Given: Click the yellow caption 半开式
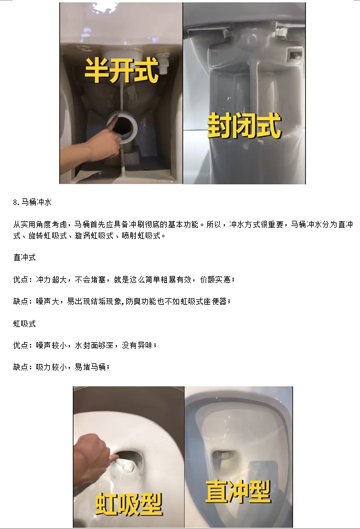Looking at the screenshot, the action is (x=122, y=70).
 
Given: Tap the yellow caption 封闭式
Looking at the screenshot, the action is (x=244, y=125).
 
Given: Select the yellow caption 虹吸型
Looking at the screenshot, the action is (x=129, y=504).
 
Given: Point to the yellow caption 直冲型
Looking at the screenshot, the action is (x=238, y=491).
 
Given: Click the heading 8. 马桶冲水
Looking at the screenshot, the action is (x=32, y=202).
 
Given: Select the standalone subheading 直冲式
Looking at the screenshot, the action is (x=24, y=257).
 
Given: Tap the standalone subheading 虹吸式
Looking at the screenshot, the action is (x=24, y=324).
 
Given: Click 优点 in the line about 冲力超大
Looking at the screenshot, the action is (x=20, y=279).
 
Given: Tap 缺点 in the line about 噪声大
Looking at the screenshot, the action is (x=20, y=301).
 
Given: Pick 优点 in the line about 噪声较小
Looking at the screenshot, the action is (x=20, y=345).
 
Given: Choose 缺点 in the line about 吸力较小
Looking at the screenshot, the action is (x=20, y=367).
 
